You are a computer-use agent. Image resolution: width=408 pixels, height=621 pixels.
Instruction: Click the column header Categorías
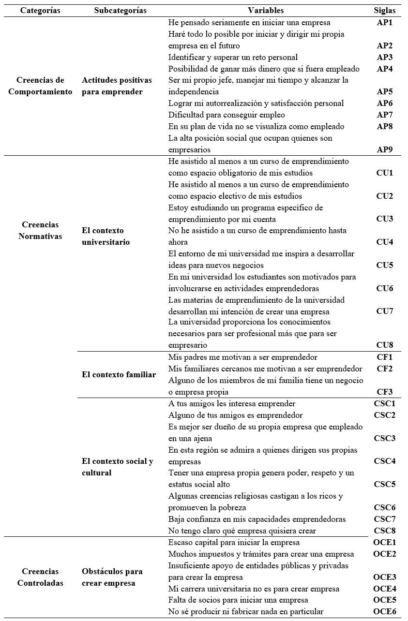point(40,11)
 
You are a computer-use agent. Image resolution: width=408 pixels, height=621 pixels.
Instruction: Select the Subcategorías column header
point(114,11)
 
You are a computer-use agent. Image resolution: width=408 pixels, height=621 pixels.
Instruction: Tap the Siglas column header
point(385,11)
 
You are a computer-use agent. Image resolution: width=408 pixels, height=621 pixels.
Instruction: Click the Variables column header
point(266,11)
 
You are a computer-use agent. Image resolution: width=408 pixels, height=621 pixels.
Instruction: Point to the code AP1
point(385,23)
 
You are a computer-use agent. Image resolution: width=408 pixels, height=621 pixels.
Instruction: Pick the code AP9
point(385,150)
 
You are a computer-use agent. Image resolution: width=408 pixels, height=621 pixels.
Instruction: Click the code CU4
point(385,242)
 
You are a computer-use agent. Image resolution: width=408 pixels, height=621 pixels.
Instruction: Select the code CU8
point(385,345)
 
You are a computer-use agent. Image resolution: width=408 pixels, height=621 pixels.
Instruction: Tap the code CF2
point(385,369)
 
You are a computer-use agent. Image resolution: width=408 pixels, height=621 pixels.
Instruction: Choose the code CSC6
point(385,508)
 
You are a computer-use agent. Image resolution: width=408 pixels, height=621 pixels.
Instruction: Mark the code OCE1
point(385,543)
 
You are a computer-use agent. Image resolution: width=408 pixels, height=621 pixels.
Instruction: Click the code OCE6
point(385,612)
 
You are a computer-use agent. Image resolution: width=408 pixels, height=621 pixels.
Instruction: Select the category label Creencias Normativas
point(40,231)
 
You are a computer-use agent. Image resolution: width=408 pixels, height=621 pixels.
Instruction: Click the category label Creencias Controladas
point(40,577)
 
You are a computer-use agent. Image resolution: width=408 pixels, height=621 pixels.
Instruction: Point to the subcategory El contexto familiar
point(119,375)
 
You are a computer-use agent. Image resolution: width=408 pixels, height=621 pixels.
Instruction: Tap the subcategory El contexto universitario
point(106,236)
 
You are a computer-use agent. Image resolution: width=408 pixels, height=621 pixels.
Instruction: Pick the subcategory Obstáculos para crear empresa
point(112,577)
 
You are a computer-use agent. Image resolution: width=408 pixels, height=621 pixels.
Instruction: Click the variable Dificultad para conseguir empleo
point(227,115)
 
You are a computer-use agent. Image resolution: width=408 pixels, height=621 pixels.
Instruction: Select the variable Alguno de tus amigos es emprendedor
point(235,415)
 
